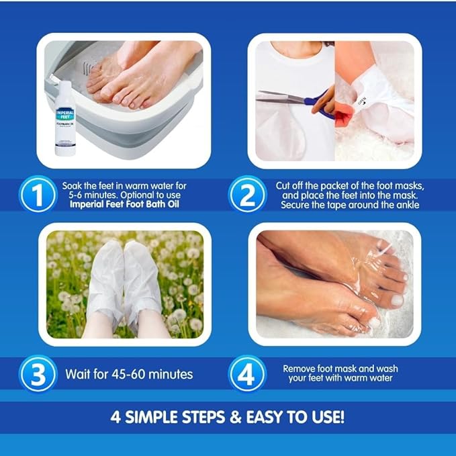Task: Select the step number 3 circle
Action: (x=38, y=373)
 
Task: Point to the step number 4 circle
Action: (x=246, y=373)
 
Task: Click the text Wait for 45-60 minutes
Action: (x=129, y=374)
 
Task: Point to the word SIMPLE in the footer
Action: (x=154, y=416)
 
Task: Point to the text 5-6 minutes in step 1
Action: (x=89, y=195)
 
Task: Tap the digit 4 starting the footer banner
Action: (x=116, y=416)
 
